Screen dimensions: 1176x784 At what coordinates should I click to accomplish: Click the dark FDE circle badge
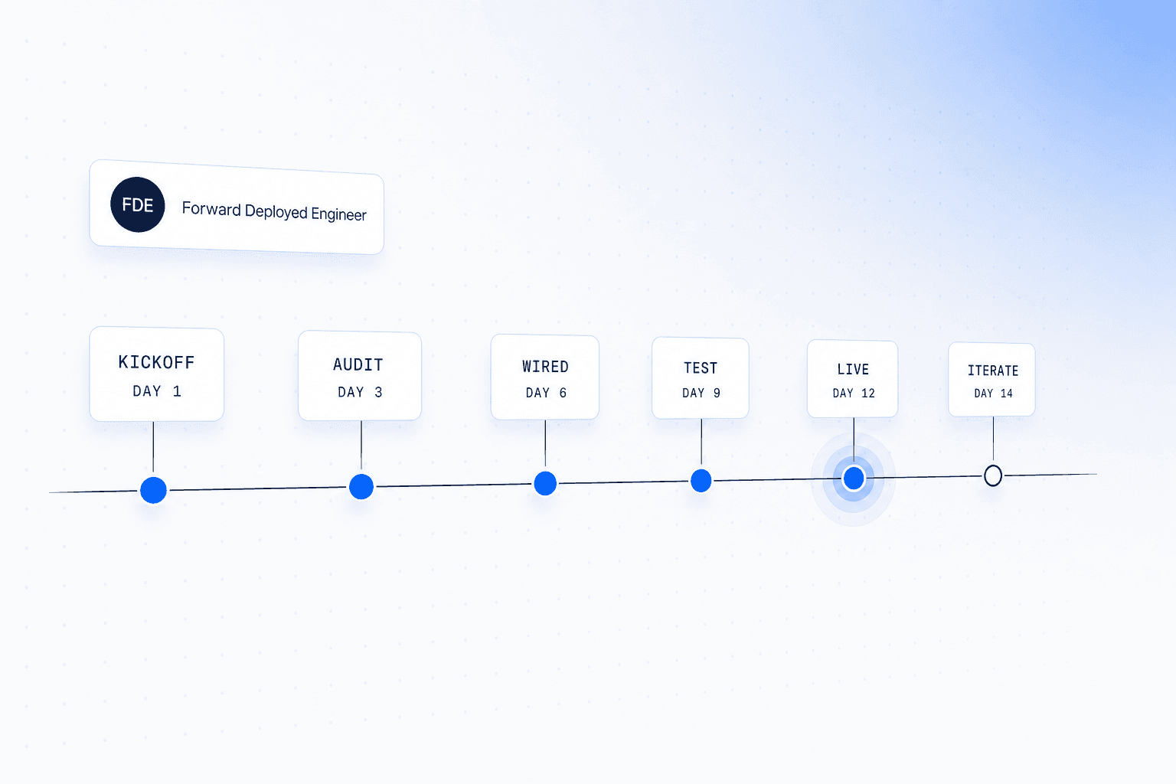pos(138,204)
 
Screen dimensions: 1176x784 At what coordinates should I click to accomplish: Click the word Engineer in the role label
pos(338,214)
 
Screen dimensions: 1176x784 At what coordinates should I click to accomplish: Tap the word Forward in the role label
pos(211,209)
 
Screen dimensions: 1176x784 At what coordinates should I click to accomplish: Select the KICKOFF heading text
pos(156,362)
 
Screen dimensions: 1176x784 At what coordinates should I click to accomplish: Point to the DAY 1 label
pos(157,391)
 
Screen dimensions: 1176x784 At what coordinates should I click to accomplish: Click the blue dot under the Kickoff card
pos(153,490)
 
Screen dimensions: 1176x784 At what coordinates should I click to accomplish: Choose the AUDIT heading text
pos(358,364)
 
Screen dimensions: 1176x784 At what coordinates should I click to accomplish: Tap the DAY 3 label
pos(360,392)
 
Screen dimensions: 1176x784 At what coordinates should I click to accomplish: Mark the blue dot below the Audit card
pos(361,486)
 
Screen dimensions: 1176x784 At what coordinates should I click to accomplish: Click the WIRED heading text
pos(545,367)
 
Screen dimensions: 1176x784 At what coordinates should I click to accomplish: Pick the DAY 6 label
pos(546,393)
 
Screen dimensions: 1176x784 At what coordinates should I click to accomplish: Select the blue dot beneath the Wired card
pos(545,483)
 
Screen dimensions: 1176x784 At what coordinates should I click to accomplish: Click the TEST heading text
pos(701,368)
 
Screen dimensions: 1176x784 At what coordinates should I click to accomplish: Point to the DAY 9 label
pos(701,394)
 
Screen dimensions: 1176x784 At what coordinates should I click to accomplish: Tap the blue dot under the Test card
pos(701,481)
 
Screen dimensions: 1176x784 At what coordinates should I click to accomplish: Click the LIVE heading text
pos(853,370)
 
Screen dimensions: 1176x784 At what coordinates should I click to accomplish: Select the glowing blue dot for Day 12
pos(854,478)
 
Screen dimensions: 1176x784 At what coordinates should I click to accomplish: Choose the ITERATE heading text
pos(993,371)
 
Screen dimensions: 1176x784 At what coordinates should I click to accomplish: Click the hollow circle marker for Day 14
pos(993,475)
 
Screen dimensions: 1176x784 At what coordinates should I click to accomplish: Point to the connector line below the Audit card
pos(361,446)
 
